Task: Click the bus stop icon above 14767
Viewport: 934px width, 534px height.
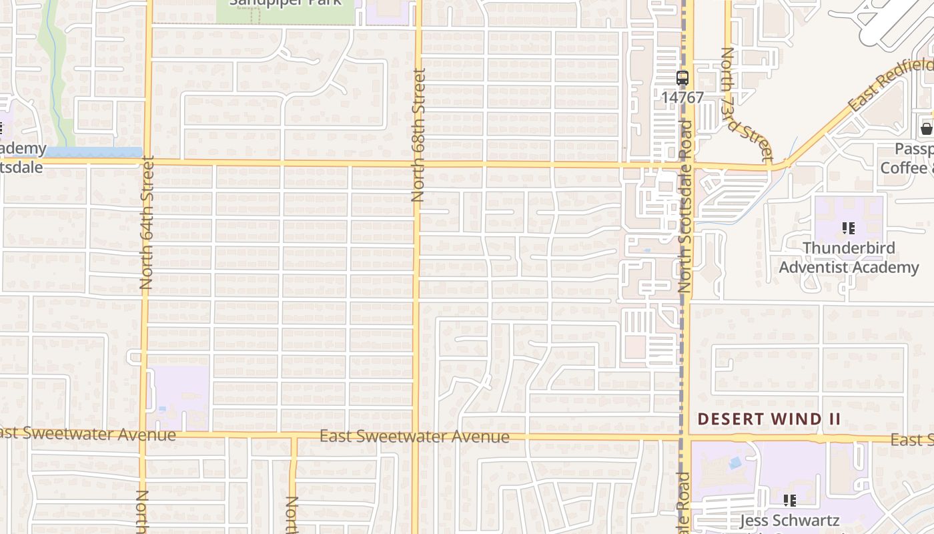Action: [682, 78]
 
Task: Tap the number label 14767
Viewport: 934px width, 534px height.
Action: [682, 97]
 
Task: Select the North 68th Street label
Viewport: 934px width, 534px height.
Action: [418, 135]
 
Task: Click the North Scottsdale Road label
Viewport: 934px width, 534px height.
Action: [684, 207]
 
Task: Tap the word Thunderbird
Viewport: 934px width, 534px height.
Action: [849, 248]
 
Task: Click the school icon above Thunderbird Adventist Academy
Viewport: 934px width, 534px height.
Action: [849, 228]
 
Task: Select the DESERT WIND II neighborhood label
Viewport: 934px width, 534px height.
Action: [769, 419]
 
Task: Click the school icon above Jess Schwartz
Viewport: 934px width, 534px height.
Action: [790, 500]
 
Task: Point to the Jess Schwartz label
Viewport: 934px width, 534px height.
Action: [790, 520]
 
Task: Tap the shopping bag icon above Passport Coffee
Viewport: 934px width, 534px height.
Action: [926, 129]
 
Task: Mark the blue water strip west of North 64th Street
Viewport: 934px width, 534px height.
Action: [93, 152]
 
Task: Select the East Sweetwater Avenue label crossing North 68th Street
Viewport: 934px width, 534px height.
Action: [414, 437]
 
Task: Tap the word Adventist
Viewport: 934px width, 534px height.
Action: [823, 267]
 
